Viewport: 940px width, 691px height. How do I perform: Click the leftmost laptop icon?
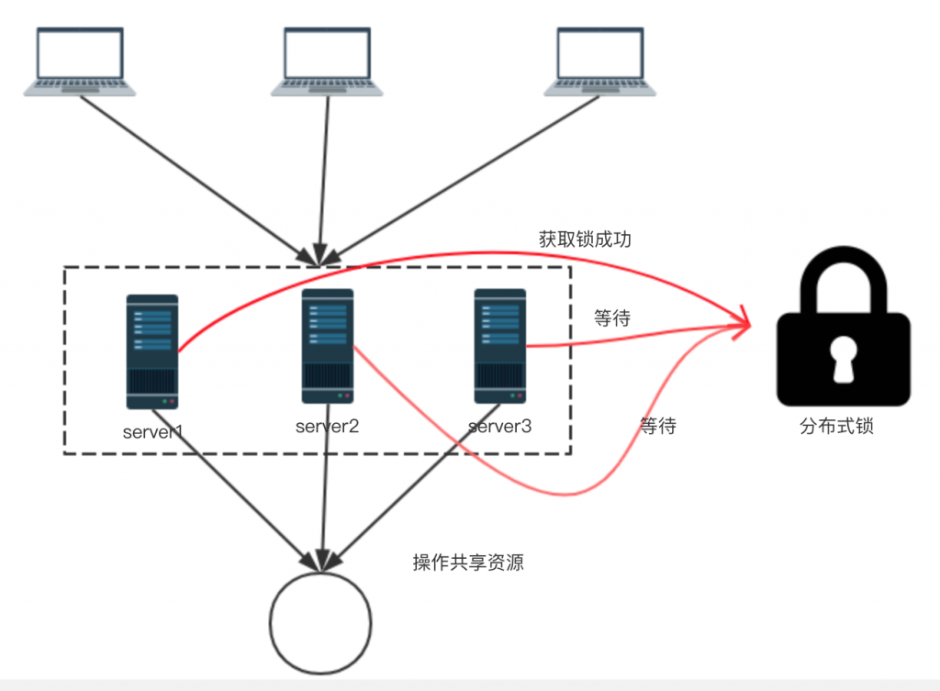coord(80,61)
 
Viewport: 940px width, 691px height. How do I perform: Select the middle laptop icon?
coord(327,61)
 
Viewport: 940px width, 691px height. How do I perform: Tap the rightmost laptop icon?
coord(600,61)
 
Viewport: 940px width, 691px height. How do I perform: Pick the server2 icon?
coord(327,345)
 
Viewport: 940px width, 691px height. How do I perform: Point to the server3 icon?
coord(499,345)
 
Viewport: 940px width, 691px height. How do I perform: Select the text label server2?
coord(327,426)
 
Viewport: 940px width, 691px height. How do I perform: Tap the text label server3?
coord(499,427)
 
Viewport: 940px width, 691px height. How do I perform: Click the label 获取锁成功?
coord(585,240)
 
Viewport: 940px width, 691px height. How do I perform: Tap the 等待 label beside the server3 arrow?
coord(611,318)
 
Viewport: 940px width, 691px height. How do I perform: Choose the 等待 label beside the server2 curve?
coord(657,426)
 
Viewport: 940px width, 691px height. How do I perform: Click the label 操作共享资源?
coord(468,563)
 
